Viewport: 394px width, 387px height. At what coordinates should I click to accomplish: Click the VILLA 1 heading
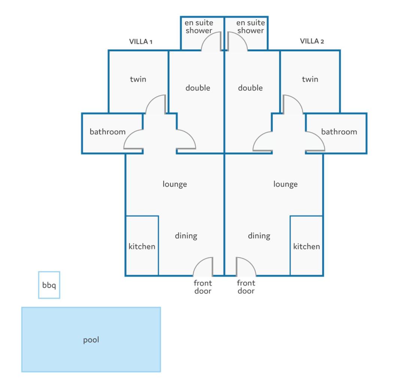(x=141, y=42)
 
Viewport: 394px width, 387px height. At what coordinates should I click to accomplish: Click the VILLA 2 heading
(x=312, y=41)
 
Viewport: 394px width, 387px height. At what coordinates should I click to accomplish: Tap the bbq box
(x=49, y=285)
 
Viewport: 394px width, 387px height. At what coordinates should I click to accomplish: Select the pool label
(x=91, y=340)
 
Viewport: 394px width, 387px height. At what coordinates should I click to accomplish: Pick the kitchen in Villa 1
(x=142, y=246)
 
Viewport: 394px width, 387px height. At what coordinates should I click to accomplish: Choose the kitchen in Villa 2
(x=307, y=246)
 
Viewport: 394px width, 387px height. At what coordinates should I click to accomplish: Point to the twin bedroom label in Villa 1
(x=138, y=79)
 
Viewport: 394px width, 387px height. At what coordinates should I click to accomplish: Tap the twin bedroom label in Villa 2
(x=310, y=79)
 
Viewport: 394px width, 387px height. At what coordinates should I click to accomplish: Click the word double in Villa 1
(x=198, y=88)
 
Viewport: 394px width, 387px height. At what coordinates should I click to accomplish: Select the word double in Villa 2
(x=250, y=88)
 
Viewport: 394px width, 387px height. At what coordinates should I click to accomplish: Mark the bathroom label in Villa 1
(x=107, y=132)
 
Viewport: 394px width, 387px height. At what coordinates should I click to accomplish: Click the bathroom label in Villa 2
(x=339, y=132)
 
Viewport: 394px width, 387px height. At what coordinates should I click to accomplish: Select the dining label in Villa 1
(x=186, y=235)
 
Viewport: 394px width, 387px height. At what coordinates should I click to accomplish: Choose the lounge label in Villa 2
(x=285, y=184)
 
